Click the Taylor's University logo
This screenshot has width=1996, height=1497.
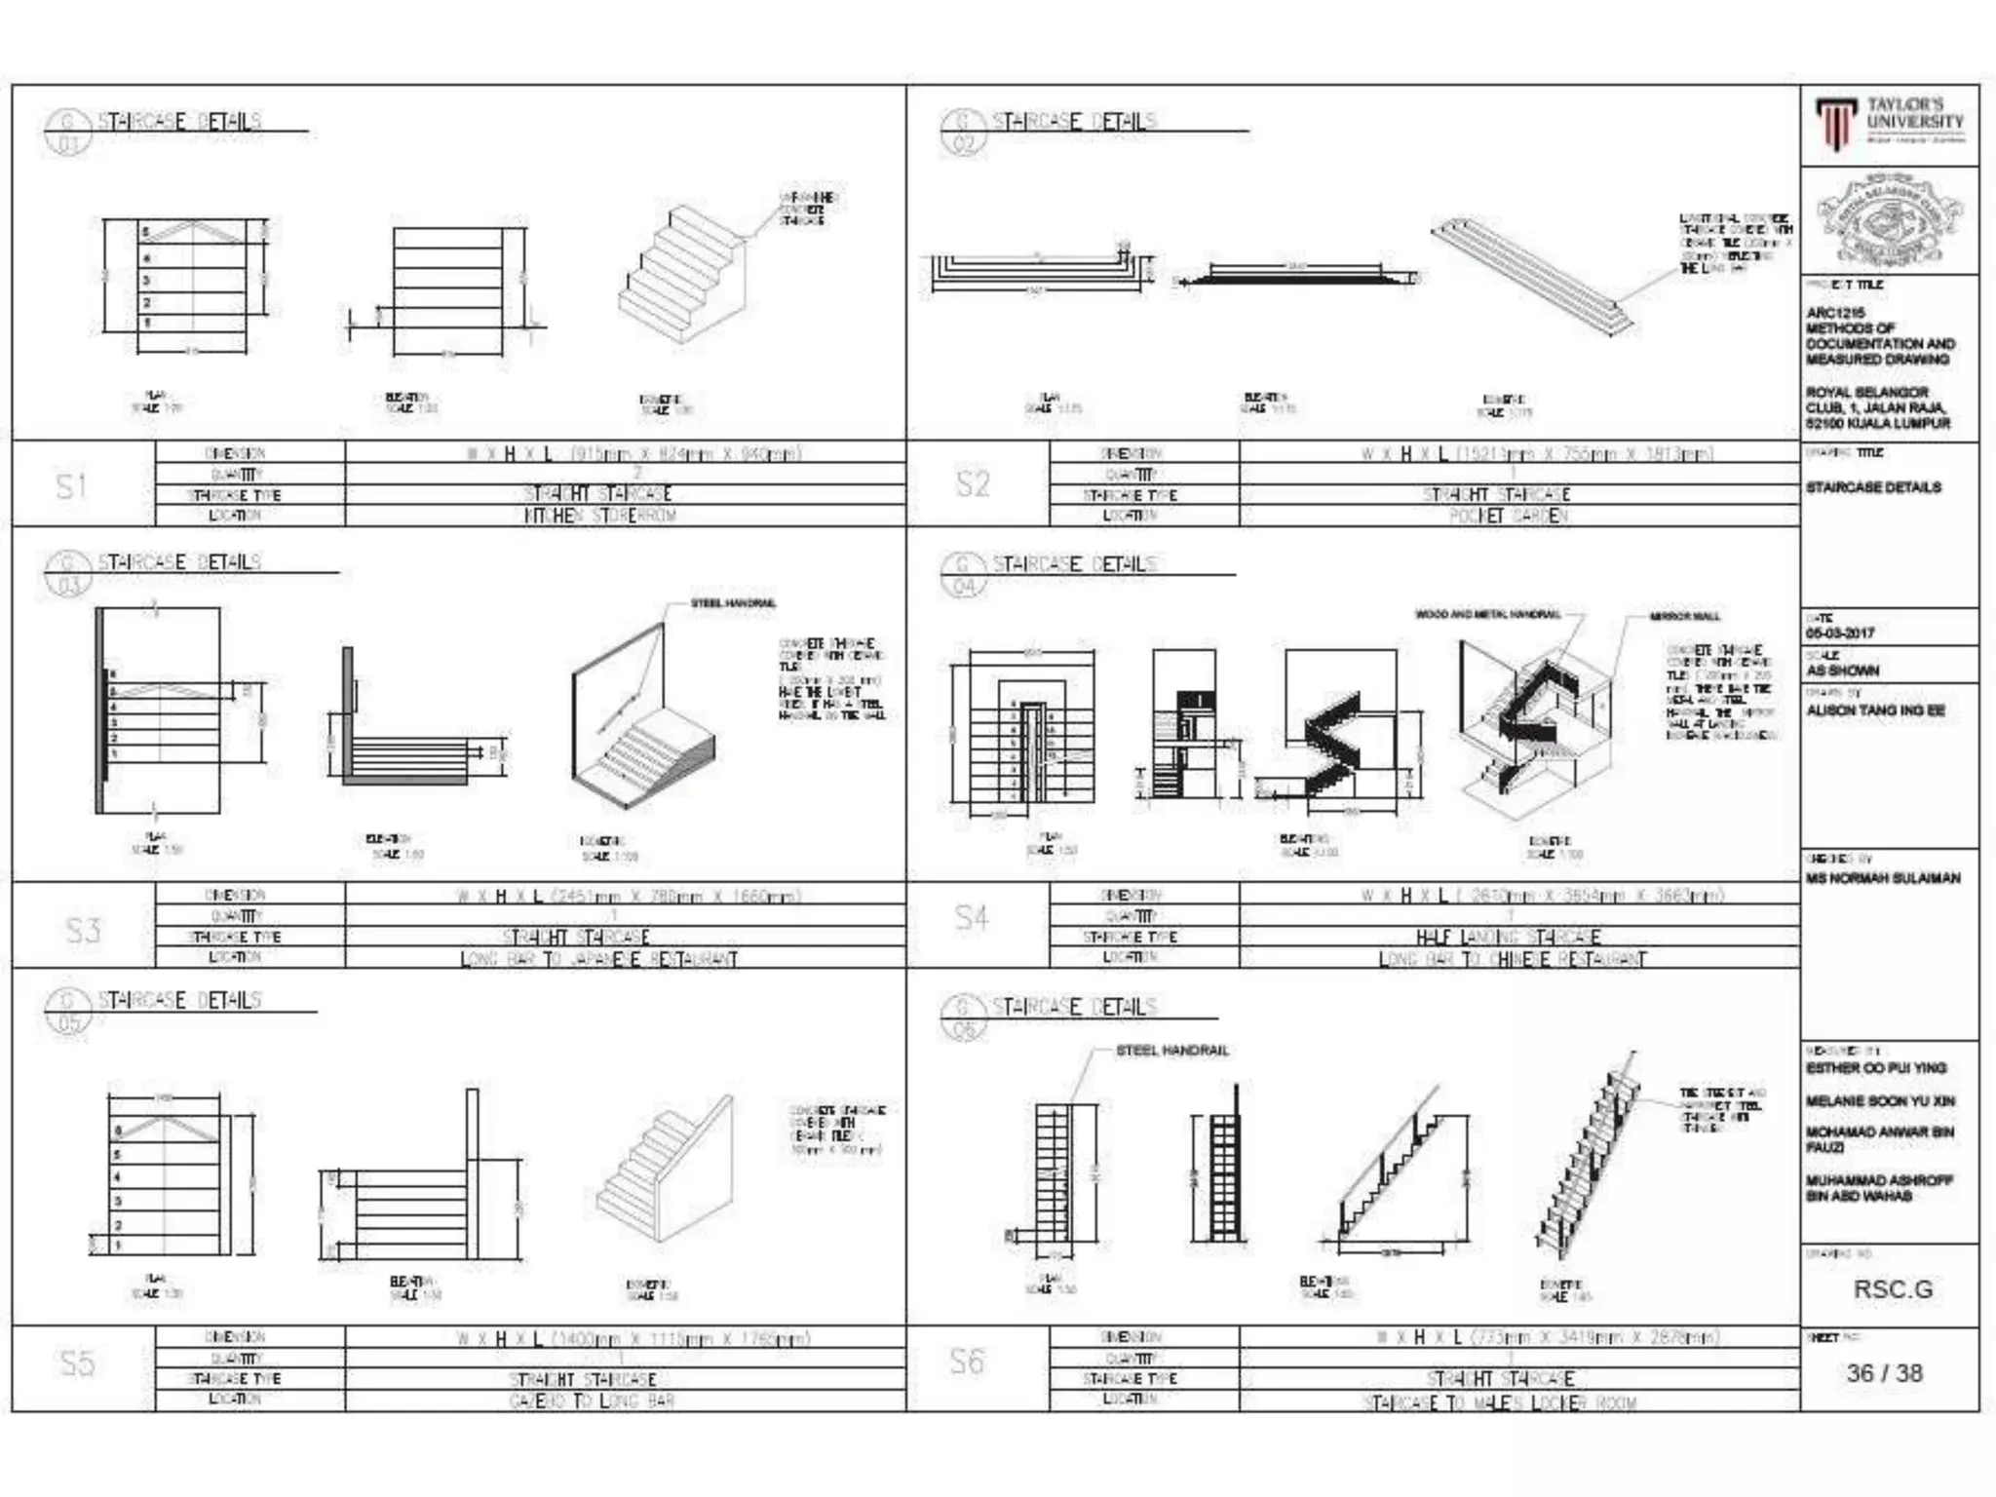[x=1889, y=124]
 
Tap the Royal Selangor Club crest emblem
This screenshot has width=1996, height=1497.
[x=1889, y=220]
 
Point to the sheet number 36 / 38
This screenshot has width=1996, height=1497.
[x=1884, y=1373]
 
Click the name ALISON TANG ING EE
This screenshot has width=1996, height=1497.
[x=1875, y=710]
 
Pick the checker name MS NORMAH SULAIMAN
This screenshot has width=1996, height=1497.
[x=1882, y=878]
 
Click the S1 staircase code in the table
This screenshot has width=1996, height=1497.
[x=71, y=485]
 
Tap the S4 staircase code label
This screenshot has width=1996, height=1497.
[x=971, y=917]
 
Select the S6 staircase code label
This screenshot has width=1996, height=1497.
[x=967, y=1361]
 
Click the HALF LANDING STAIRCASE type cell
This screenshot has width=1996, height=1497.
[x=1508, y=938]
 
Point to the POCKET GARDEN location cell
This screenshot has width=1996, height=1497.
[x=1508, y=516]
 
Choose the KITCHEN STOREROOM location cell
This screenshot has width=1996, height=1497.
[x=599, y=516]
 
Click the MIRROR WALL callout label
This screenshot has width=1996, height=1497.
[x=1684, y=616]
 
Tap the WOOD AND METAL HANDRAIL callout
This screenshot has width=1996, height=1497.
[x=1487, y=614]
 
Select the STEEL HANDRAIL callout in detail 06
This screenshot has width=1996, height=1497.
[x=1171, y=1051]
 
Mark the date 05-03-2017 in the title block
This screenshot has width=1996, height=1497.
[x=1838, y=633]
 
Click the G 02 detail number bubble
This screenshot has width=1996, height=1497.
[x=963, y=134]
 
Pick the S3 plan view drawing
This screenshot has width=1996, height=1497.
[x=161, y=711]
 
